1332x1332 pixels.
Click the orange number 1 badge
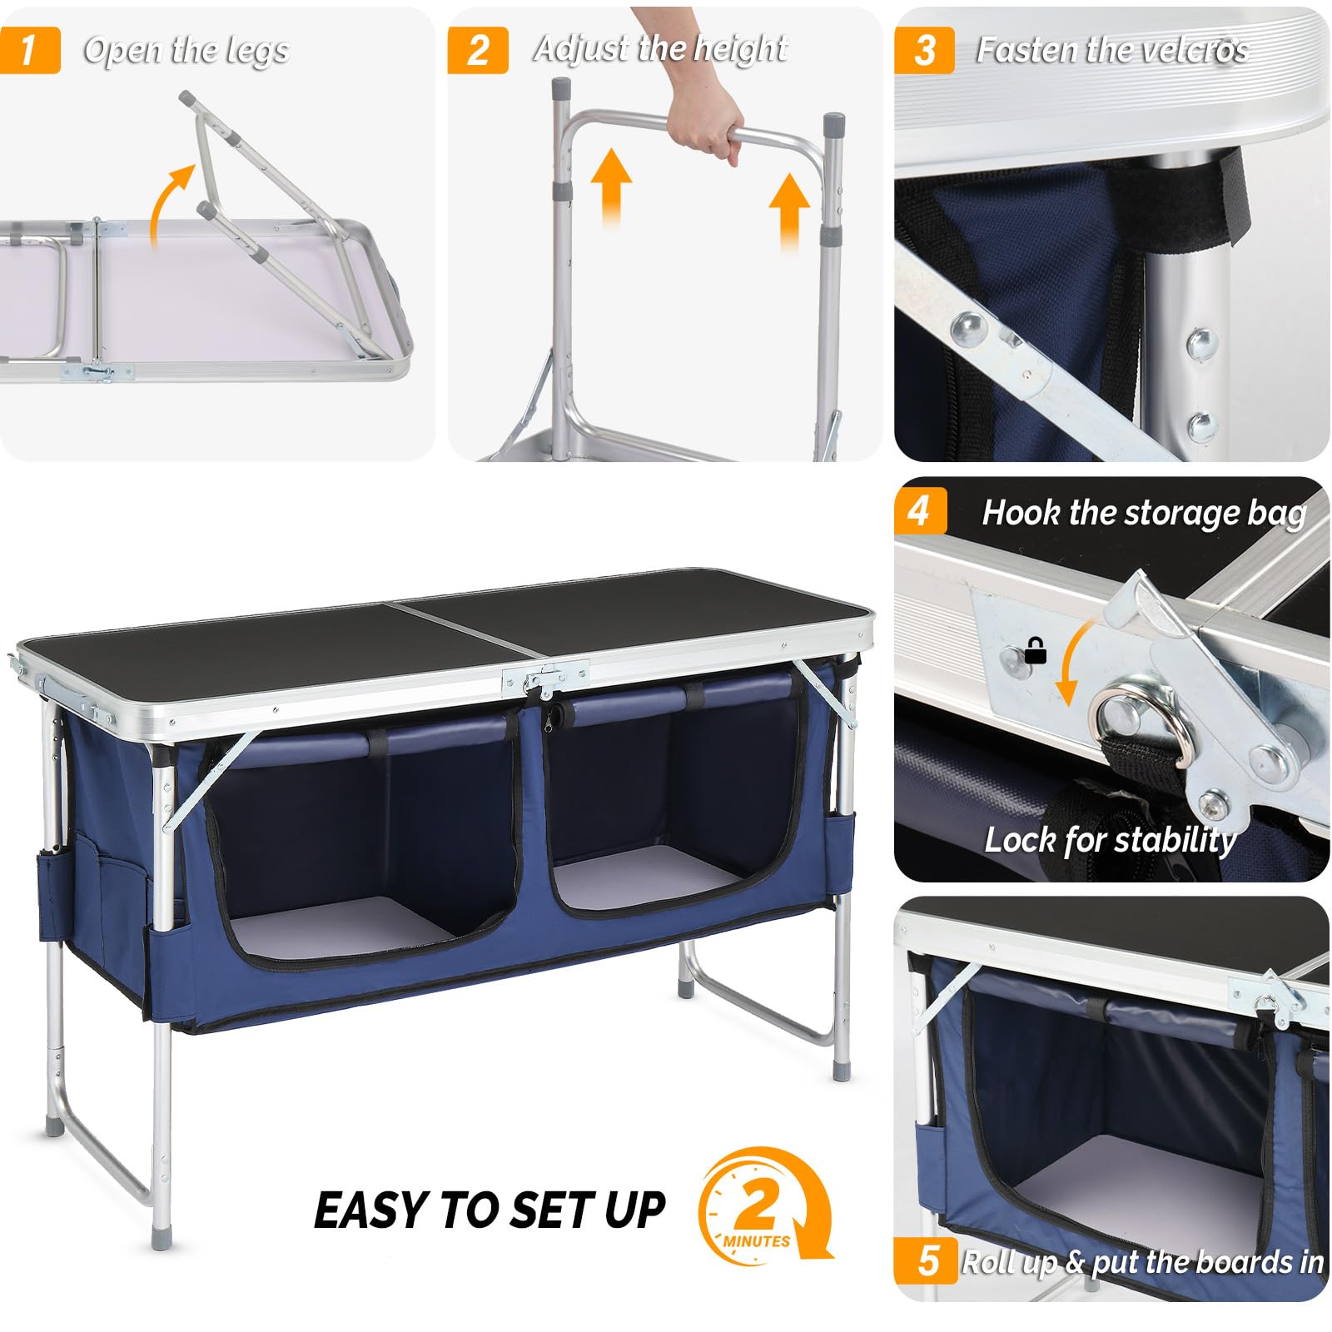tap(29, 50)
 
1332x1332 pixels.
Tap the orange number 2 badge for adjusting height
tap(477, 50)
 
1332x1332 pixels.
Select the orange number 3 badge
tap(924, 50)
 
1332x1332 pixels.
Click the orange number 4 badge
tap(920, 509)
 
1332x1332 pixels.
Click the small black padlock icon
tap(1035, 650)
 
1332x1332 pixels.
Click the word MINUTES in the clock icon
tap(756, 1241)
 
